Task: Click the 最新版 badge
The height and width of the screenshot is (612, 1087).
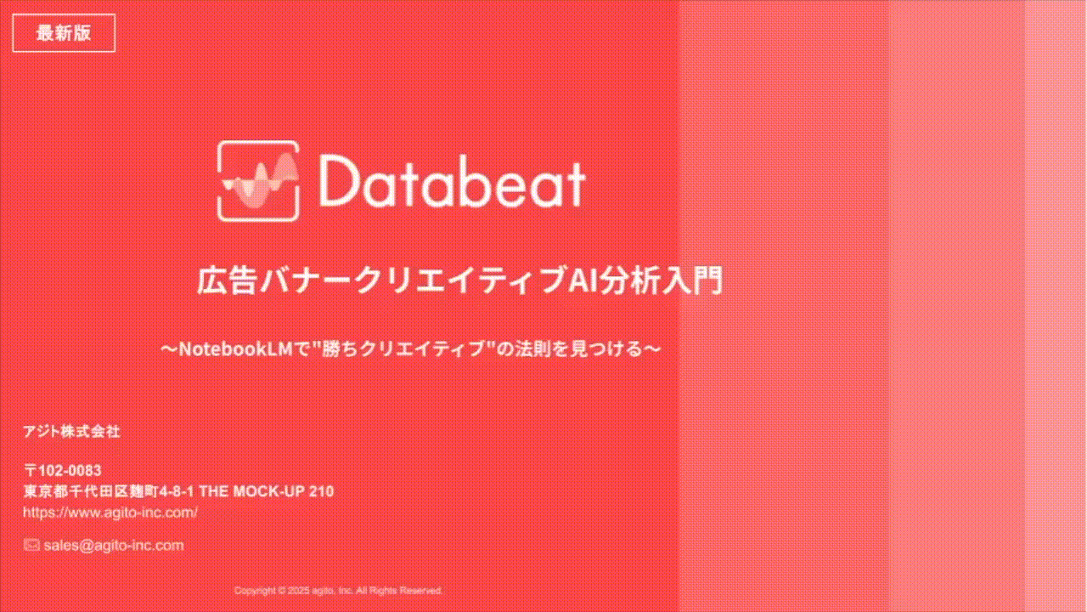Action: pos(64,33)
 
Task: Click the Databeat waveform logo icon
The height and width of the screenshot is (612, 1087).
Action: pos(258,181)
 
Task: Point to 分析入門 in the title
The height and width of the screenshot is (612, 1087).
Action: pos(662,280)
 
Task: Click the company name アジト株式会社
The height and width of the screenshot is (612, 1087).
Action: pos(71,432)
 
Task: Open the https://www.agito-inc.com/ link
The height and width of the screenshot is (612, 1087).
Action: pos(110,513)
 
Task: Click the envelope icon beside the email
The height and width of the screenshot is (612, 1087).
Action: pos(31,545)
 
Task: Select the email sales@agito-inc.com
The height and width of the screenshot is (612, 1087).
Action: pos(114,546)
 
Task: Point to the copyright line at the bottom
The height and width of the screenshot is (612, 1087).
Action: pos(338,591)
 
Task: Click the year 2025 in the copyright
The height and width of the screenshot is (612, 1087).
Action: pos(298,591)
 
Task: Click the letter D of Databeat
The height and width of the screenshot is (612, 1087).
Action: pos(337,182)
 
